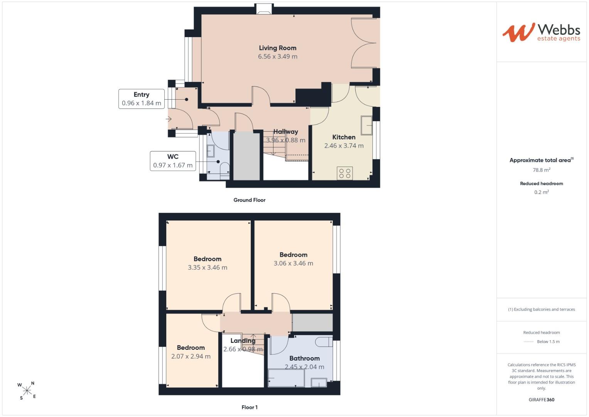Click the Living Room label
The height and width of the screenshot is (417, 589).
[x=277, y=48]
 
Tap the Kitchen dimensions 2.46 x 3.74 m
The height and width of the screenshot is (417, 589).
[x=344, y=146]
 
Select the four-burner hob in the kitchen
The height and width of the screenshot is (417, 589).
[x=345, y=173]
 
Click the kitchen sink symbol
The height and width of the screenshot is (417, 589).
[x=366, y=125]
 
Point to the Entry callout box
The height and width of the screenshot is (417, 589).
[x=142, y=99]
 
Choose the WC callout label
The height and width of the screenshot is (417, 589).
[x=173, y=161]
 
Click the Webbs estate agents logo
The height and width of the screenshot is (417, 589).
[x=541, y=32]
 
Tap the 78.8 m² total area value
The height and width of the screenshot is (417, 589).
[x=542, y=170]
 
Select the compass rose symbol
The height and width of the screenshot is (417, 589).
[x=27, y=391]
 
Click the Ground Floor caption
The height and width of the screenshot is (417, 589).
[x=249, y=200]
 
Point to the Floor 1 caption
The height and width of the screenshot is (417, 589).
[x=249, y=407]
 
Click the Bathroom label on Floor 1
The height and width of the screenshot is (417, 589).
[x=304, y=358]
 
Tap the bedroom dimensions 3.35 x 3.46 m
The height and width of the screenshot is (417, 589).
[x=208, y=268]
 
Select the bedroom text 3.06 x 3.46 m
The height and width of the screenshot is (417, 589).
[x=293, y=263]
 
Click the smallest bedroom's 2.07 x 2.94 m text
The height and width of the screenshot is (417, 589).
[x=191, y=356]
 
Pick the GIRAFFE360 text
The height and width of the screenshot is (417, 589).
[x=542, y=400]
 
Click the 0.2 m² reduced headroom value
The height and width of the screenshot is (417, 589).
[x=542, y=192]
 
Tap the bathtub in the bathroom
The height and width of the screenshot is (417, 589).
[x=286, y=378]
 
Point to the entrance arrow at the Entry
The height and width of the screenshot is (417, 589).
[x=169, y=119]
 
